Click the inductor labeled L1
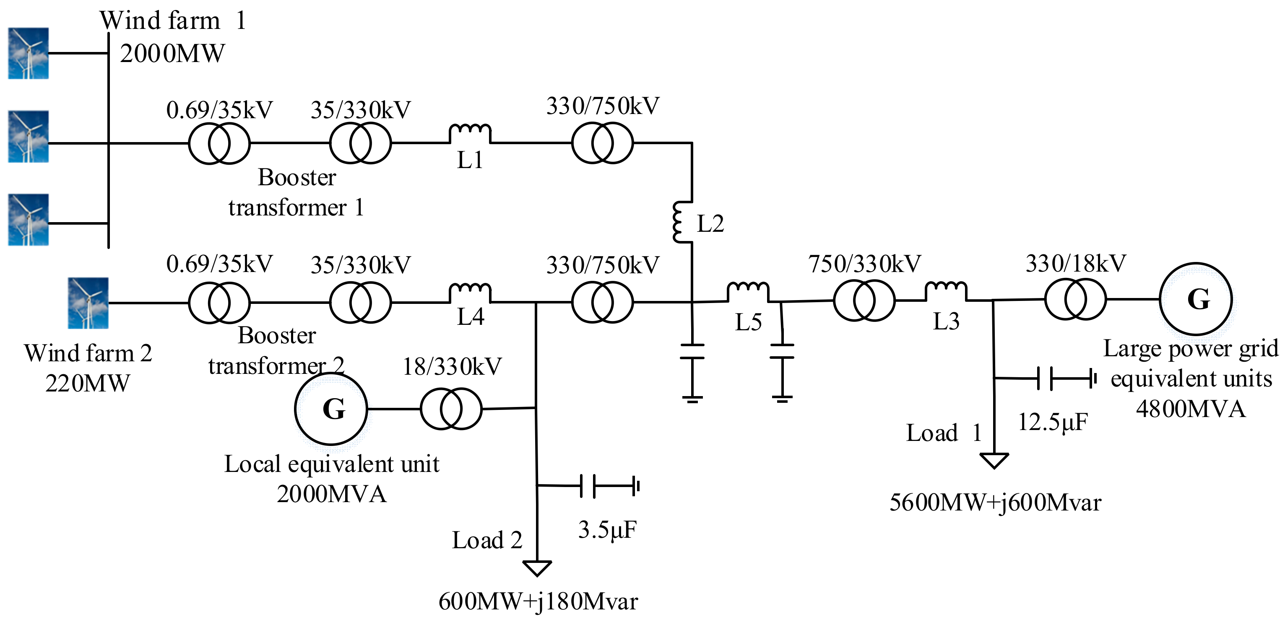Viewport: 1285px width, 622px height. click(470, 133)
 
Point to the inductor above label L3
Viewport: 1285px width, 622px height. click(946, 290)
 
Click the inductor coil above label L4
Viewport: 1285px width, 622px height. click(470, 292)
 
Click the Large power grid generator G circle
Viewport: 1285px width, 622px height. click(1196, 299)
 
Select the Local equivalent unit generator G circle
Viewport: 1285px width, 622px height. click(331, 409)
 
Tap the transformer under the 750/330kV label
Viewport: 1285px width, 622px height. click(864, 300)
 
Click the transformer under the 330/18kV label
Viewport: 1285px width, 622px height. click(1075, 299)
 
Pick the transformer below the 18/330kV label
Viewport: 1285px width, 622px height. click(451, 409)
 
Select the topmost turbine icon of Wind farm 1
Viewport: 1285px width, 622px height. click(29, 53)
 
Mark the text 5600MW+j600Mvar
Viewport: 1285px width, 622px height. click(995, 503)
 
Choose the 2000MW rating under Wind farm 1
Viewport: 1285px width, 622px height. click(172, 53)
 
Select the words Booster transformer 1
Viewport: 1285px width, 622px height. click(297, 192)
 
